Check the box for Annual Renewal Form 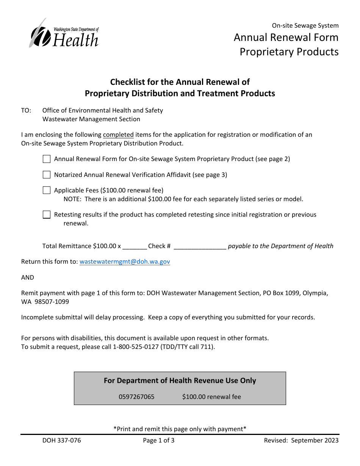pos(47,159)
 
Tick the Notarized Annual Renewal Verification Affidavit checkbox pos(47,175)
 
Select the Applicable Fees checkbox pos(47,190)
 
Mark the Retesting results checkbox pos(47,215)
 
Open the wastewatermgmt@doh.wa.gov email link pos(125,262)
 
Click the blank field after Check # pos(200,246)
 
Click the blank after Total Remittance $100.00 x pos(135,246)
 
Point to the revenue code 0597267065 pos(136,397)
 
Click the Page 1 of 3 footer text pos(159,440)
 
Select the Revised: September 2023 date pos(301,440)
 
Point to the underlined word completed pos(118,135)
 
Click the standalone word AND pos(28,277)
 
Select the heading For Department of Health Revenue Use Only pos(180,381)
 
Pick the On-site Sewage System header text pos(305,26)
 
